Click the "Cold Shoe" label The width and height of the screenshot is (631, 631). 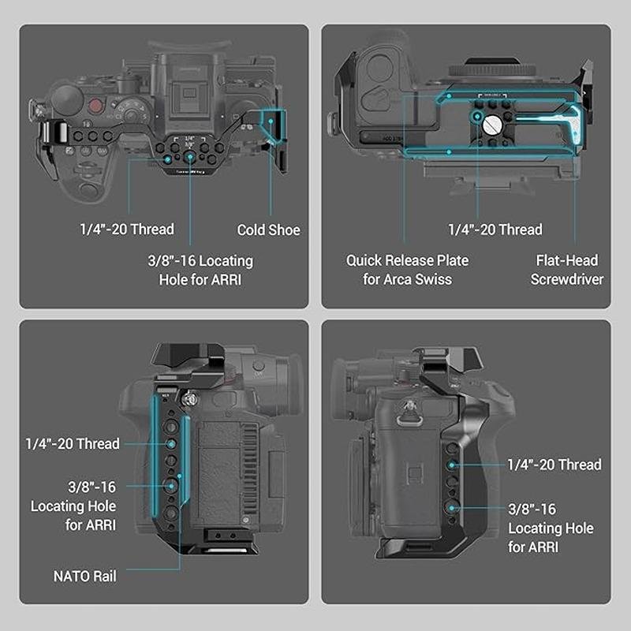coord(268,230)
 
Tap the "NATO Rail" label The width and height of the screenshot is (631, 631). coord(85,577)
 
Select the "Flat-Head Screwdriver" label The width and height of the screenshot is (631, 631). coord(566,270)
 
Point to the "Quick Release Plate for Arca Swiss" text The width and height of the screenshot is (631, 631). coord(407,270)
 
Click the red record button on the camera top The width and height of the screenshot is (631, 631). coord(95,106)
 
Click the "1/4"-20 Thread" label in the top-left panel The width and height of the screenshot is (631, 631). coord(127,229)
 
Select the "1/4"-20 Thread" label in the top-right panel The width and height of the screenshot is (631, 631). coord(495,230)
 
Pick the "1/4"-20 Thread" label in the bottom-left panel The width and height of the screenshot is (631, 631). coord(73,443)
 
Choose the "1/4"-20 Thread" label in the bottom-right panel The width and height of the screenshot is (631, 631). coord(554,465)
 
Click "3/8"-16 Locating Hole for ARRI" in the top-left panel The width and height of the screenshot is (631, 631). coord(200,270)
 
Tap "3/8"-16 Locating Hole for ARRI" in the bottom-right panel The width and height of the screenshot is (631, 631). coord(551,528)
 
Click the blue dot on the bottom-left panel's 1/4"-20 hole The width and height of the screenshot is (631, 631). coord(171,444)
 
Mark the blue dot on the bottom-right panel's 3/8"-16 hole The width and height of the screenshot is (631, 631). coord(451,508)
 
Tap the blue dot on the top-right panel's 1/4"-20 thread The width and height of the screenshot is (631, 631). coord(477,117)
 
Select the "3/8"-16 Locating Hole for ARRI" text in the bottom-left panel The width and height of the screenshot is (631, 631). coord(73,506)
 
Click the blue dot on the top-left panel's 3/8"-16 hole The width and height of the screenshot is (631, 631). coord(190,157)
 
